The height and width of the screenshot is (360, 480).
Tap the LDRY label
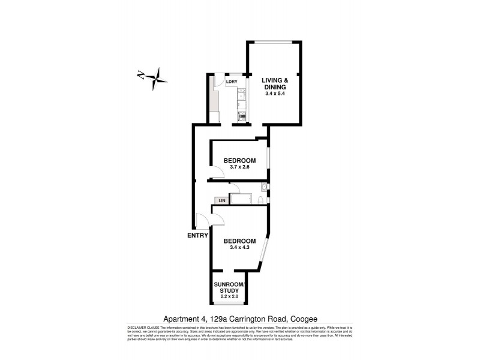point(232,82)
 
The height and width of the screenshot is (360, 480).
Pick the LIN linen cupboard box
point(221,200)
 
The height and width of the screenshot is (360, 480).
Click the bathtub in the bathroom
point(244,199)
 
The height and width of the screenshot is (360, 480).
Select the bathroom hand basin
point(264,187)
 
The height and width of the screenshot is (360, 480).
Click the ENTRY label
point(198,235)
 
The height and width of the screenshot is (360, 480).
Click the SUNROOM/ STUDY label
point(230,287)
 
